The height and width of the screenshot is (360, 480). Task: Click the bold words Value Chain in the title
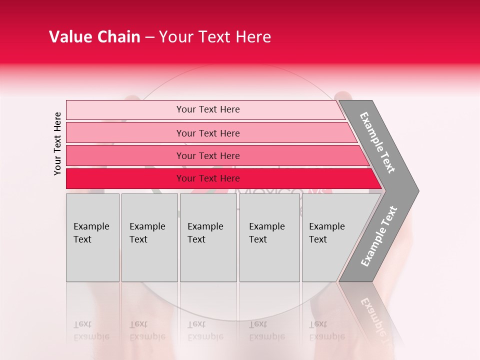click(94, 37)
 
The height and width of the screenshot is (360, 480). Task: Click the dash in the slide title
click(149, 37)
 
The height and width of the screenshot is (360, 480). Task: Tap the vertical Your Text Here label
click(57, 143)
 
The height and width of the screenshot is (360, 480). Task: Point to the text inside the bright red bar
click(208, 178)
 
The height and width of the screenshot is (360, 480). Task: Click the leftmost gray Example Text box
click(92, 237)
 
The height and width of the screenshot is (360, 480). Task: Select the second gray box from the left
click(149, 237)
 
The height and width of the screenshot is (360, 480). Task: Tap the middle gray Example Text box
click(208, 237)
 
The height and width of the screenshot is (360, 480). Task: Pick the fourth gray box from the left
click(269, 237)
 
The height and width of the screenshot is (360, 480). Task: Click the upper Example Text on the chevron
click(377, 142)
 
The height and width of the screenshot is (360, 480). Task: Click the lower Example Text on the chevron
click(379, 236)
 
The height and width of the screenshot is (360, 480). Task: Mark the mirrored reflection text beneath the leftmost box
click(91, 330)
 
